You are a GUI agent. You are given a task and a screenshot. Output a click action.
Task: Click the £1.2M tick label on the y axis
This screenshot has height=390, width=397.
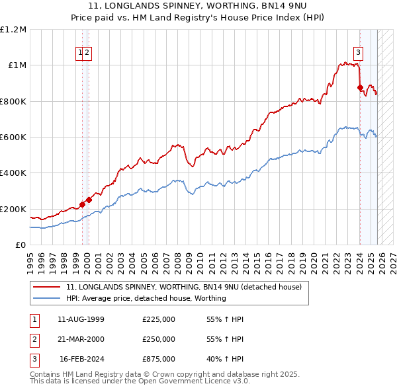click(13, 30)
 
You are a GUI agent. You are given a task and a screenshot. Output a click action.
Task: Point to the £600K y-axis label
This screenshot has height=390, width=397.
click(13, 137)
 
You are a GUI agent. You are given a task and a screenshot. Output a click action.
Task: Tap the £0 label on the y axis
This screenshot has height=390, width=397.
click(21, 245)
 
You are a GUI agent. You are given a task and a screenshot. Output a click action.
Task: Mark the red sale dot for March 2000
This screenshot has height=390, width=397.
click(89, 200)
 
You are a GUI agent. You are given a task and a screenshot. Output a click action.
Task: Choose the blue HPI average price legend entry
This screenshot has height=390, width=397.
click(146, 298)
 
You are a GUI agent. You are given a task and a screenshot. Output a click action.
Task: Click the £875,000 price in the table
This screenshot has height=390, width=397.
click(159, 359)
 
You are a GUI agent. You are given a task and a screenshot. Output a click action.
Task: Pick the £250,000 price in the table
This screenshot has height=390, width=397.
click(159, 339)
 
